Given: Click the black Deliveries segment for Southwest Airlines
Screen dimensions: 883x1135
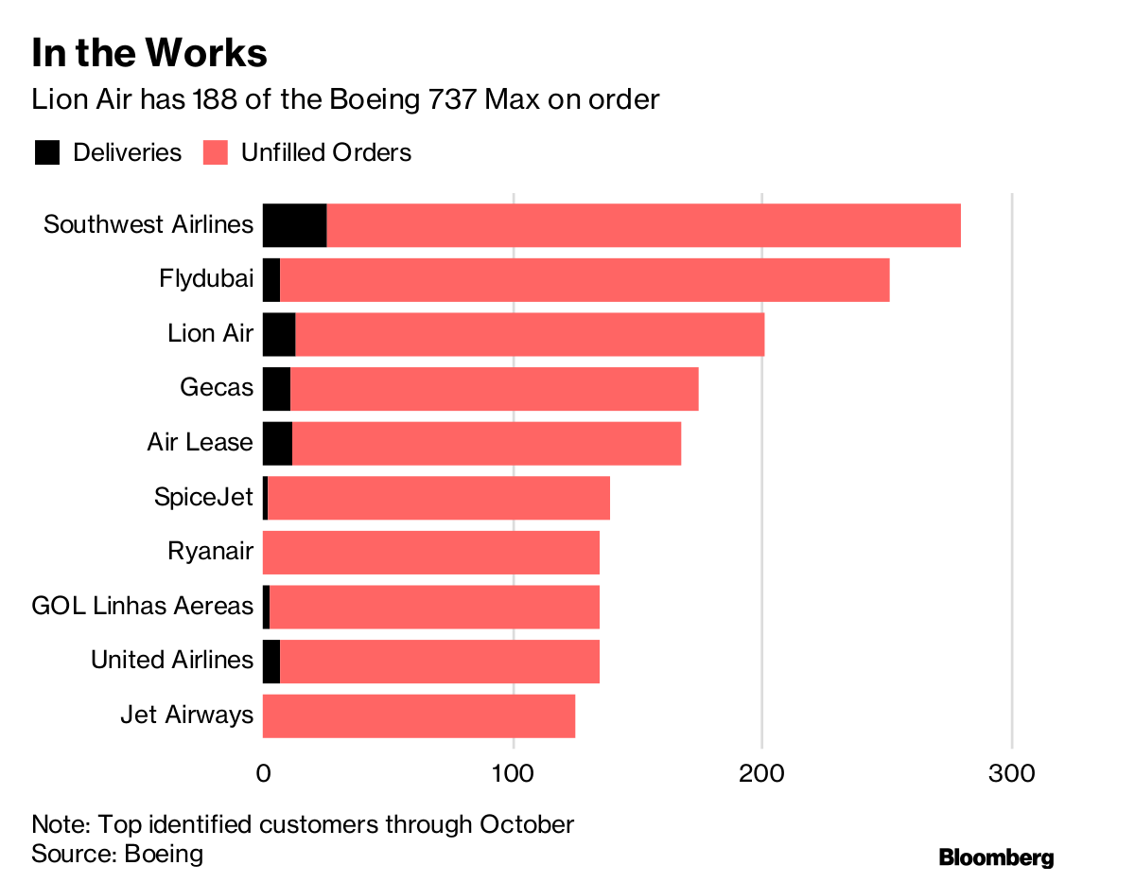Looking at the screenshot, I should pyautogui.click(x=294, y=225).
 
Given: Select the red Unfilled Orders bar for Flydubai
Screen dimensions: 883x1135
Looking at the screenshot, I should pyautogui.click(x=585, y=280).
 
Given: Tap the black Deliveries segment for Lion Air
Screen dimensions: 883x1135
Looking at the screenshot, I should pyautogui.click(x=279, y=334).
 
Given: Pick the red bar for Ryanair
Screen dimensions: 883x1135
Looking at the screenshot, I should pyautogui.click(x=431, y=553).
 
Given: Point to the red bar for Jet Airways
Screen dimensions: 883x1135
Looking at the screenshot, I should pyautogui.click(x=419, y=715).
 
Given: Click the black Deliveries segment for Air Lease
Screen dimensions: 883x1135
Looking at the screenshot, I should pyautogui.click(x=277, y=443).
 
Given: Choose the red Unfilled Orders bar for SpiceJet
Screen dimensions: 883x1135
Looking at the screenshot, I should pyautogui.click(x=439, y=498).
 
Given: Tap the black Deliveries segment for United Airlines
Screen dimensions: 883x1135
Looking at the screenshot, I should pyautogui.click(x=271, y=661).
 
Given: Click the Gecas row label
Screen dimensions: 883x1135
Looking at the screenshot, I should pyautogui.click(x=217, y=388).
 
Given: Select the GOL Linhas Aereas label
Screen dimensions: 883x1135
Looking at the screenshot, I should pyautogui.click(x=143, y=606).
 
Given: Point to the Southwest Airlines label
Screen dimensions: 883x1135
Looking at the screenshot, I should pyautogui.click(x=148, y=225).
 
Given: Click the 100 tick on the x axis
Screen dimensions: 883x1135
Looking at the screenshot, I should pyautogui.click(x=513, y=773).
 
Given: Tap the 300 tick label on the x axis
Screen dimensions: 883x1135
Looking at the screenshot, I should pyautogui.click(x=1012, y=773).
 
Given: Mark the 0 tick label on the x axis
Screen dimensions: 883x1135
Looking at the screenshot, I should pyautogui.click(x=263, y=773).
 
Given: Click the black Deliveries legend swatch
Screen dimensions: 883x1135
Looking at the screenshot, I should pyautogui.click(x=47, y=152).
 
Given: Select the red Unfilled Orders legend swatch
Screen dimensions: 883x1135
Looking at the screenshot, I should pyautogui.click(x=216, y=152).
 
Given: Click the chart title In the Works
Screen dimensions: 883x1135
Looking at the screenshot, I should pyautogui.click(x=149, y=53).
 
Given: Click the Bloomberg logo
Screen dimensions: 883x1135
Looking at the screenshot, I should pyautogui.click(x=996, y=857).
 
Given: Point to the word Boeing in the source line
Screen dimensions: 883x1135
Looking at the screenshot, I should pyautogui.click(x=164, y=854).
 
